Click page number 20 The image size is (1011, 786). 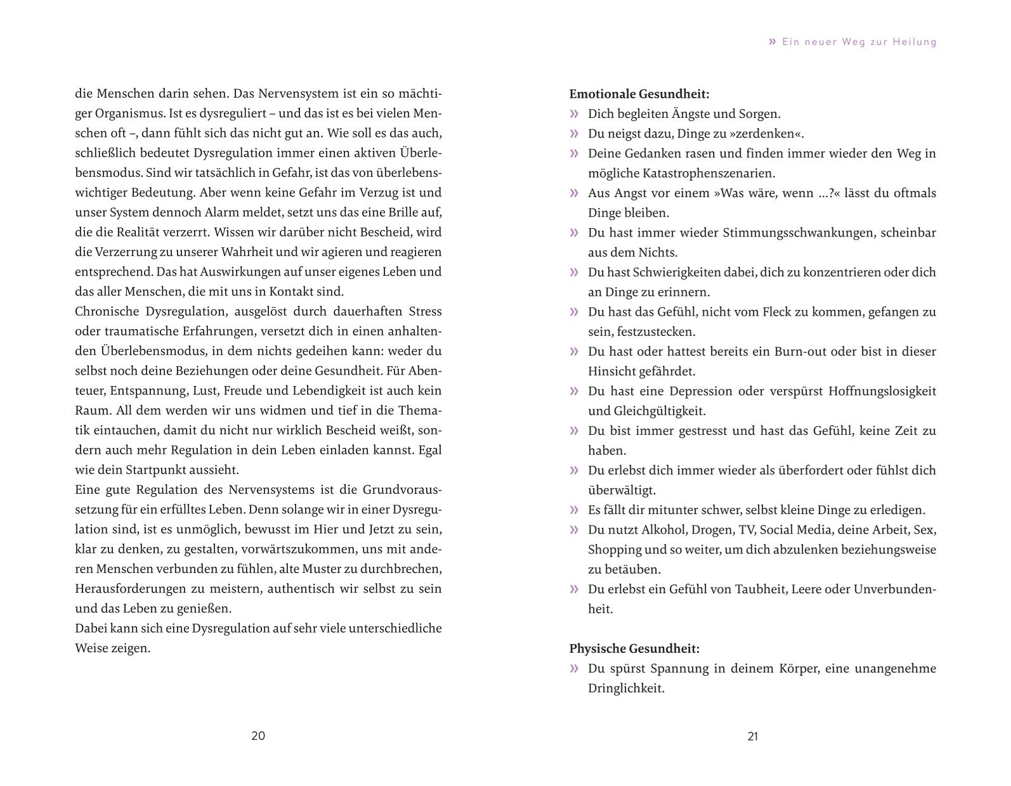click(x=258, y=736)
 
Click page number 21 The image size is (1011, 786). click(x=753, y=736)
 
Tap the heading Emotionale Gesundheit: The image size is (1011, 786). click(x=639, y=94)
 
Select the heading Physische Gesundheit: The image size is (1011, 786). click(x=634, y=648)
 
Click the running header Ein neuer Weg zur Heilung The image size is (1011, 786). click(x=859, y=42)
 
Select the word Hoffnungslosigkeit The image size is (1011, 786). click(x=882, y=391)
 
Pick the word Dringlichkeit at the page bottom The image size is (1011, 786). click(x=626, y=688)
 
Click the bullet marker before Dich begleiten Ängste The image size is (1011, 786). click(x=575, y=114)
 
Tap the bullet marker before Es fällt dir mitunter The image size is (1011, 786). click(x=575, y=510)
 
